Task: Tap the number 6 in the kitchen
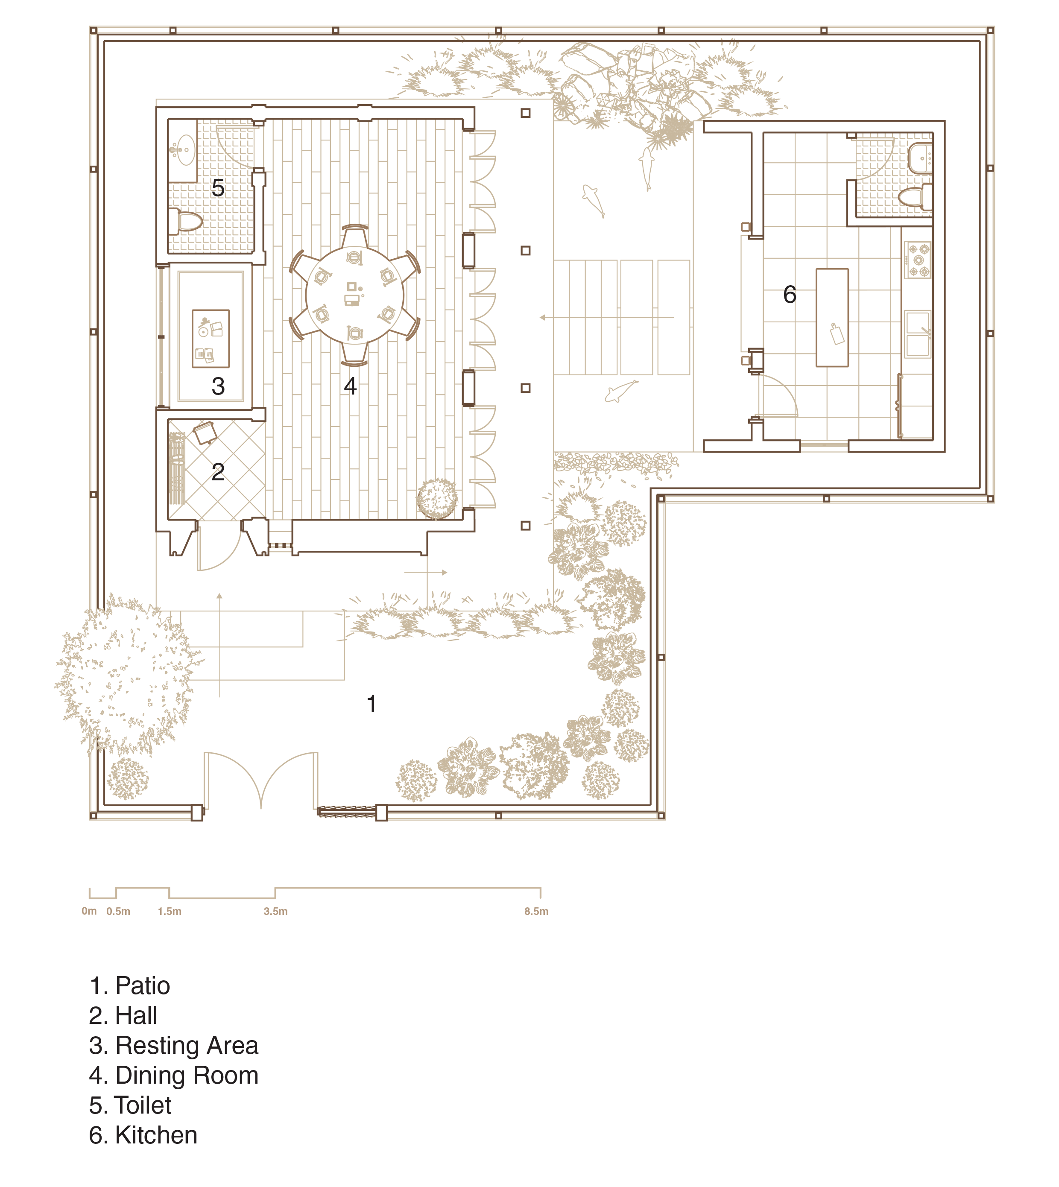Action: tap(789, 295)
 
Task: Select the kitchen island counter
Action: tap(832, 318)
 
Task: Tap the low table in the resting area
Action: tap(211, 339)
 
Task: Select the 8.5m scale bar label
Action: tap(536, 911)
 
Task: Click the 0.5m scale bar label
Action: tap(118, 911)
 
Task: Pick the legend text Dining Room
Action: tap(187, 1075)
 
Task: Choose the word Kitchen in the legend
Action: tap(157, 1135)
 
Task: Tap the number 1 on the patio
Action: tap(371, 704)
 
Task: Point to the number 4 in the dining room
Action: tap(350, 386)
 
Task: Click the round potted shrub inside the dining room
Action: tap(437, 499)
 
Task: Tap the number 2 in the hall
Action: tap(218, 472)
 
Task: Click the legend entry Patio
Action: tap(130, 985)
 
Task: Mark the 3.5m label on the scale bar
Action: tap(275, 911)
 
